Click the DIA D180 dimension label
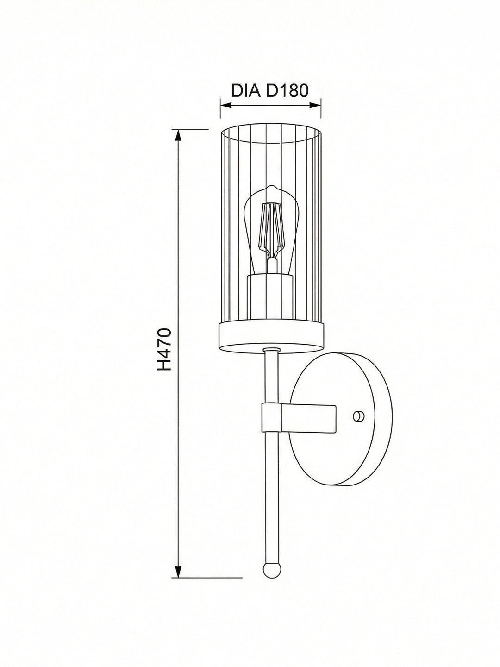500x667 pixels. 269,90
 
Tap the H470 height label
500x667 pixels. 165,349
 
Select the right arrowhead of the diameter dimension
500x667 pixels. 315,106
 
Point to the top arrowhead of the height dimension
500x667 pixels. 179,135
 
